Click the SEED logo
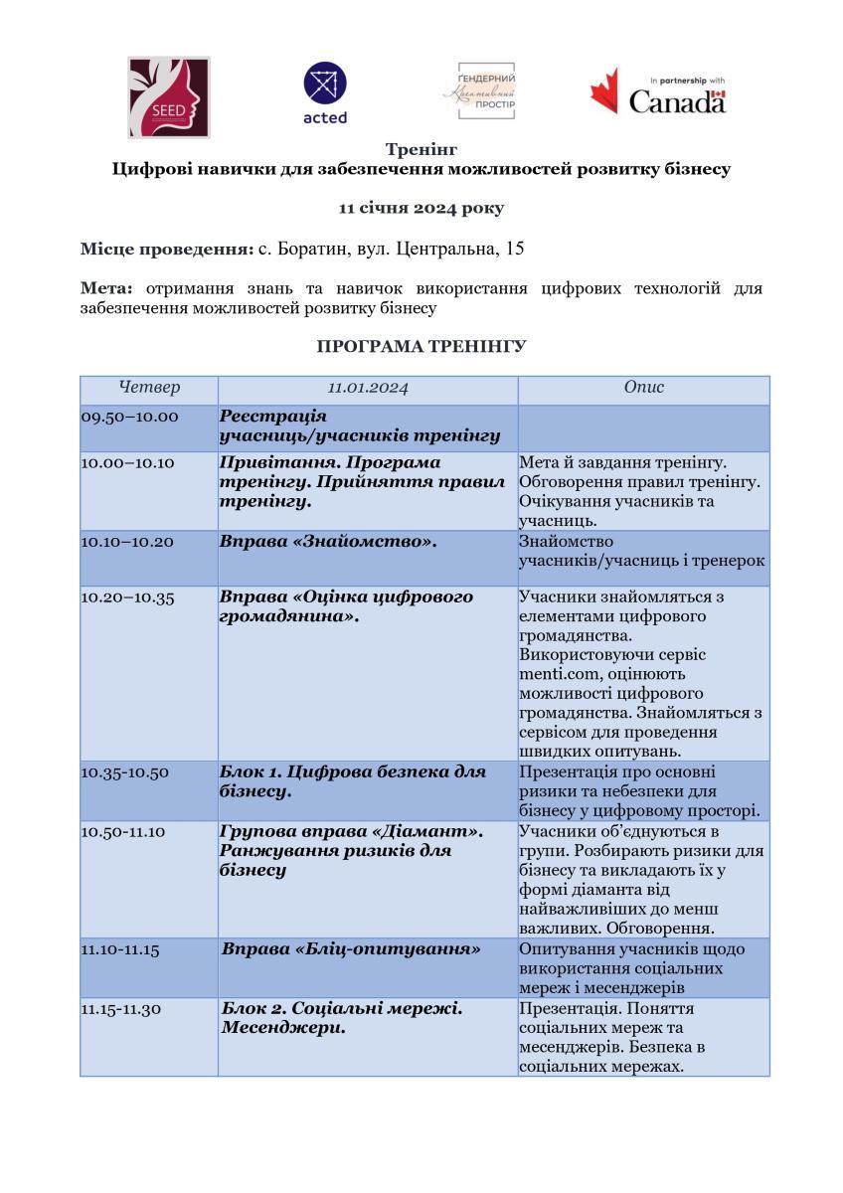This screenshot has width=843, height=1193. tap(169, 96)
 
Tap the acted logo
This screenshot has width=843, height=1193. tap(325, 93)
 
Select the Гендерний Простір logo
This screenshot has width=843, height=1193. tap(479, 90)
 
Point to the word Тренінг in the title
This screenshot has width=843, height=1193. tap(421, 150)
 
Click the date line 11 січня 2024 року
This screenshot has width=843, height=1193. tap(421, 208)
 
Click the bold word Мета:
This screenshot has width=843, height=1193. tap(106, 288)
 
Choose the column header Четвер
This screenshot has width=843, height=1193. tap(149, 388)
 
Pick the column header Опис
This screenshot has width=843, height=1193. tap(643, 388)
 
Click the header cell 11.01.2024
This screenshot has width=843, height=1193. tap(368, 388)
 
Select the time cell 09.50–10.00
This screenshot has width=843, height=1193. tap(130, 417)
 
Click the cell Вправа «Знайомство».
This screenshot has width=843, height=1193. tap(329, 542)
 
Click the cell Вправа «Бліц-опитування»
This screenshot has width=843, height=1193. tap(351, 949)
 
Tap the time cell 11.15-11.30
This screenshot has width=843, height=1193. tap(121, 1009)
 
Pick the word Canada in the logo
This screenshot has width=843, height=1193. tap(677, 101)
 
